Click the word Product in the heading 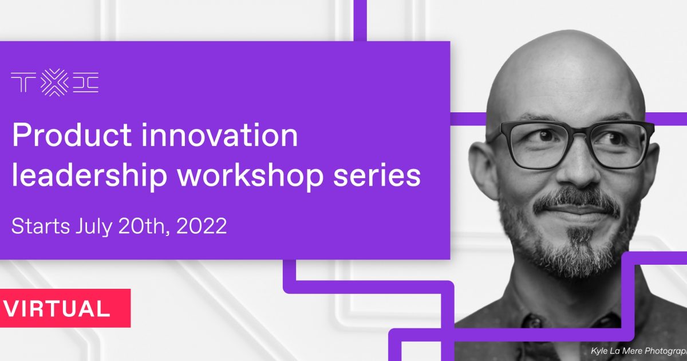tap(72, 135)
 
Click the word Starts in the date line tap(41, 226)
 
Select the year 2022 tap(202, 226)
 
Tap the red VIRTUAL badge tap(65, 308)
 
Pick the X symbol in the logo tap(54, 83)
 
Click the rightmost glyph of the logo tap(86, 83)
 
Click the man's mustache tap(577, 201)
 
